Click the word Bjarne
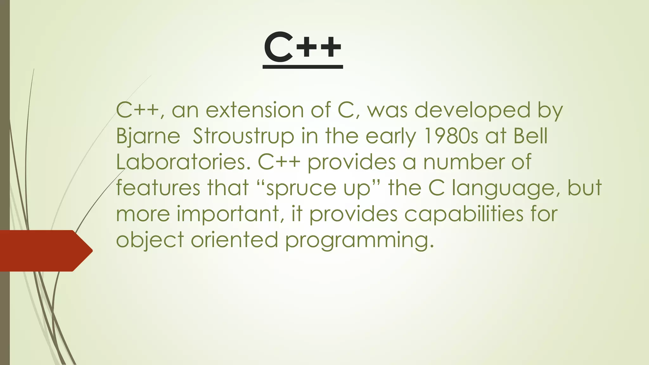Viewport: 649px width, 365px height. [148, 136]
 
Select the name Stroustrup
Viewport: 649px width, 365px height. [243, 136]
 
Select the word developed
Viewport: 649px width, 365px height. [472, 110]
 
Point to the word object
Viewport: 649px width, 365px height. [150, 240]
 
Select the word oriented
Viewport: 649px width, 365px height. [234, 240]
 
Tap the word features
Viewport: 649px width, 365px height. [158, 188]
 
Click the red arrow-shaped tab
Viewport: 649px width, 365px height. [44, 251]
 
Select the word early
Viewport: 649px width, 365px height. [390, 136]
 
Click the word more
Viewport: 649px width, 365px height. [143, 214]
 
